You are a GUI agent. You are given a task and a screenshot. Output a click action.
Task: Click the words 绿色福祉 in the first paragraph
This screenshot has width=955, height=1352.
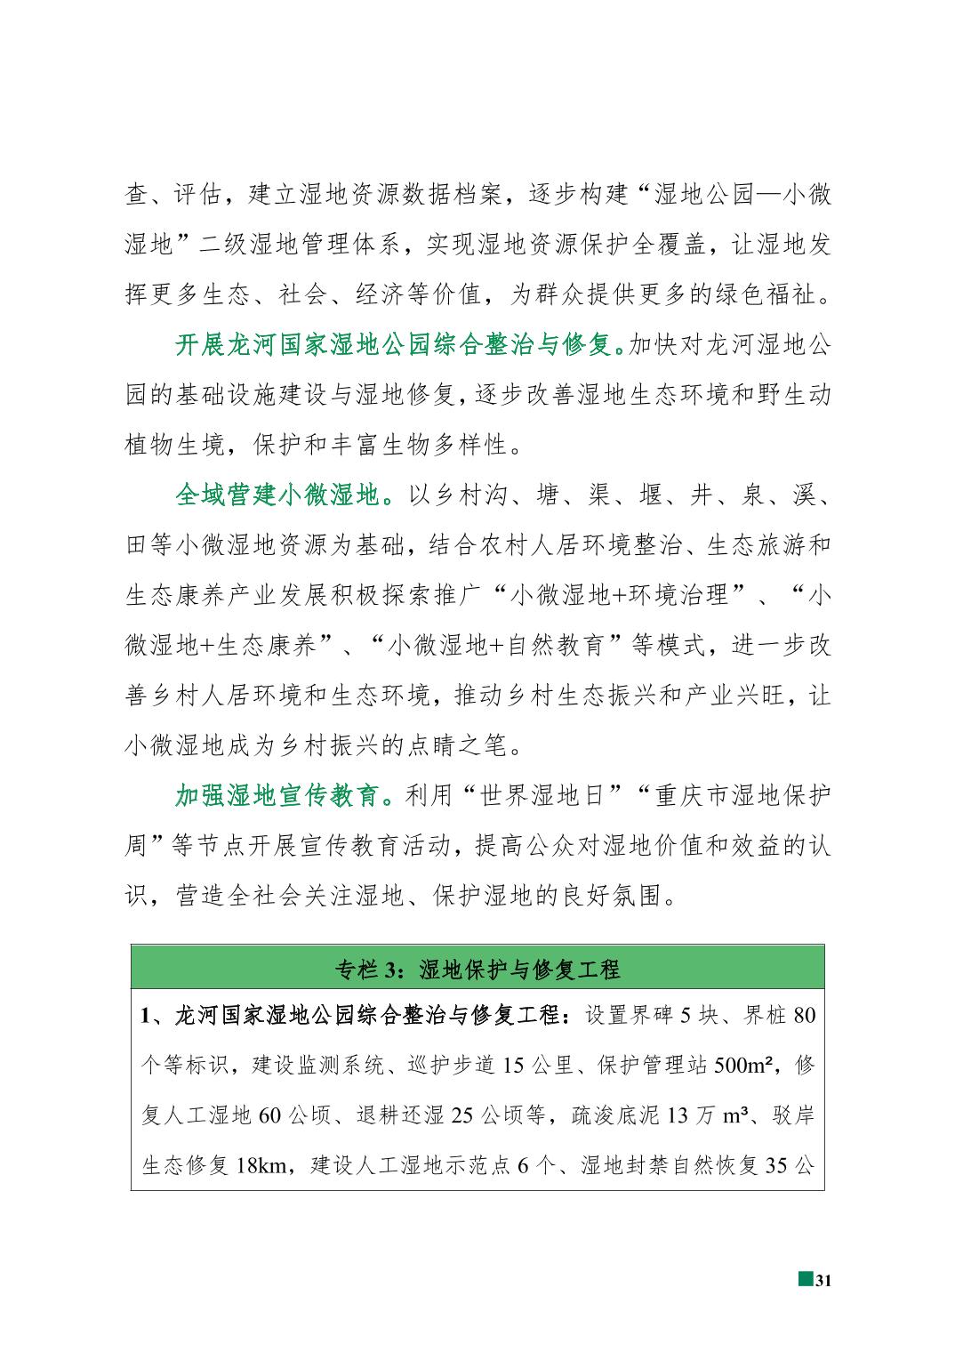766,294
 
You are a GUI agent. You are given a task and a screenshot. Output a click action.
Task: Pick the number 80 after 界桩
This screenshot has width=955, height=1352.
804,1015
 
